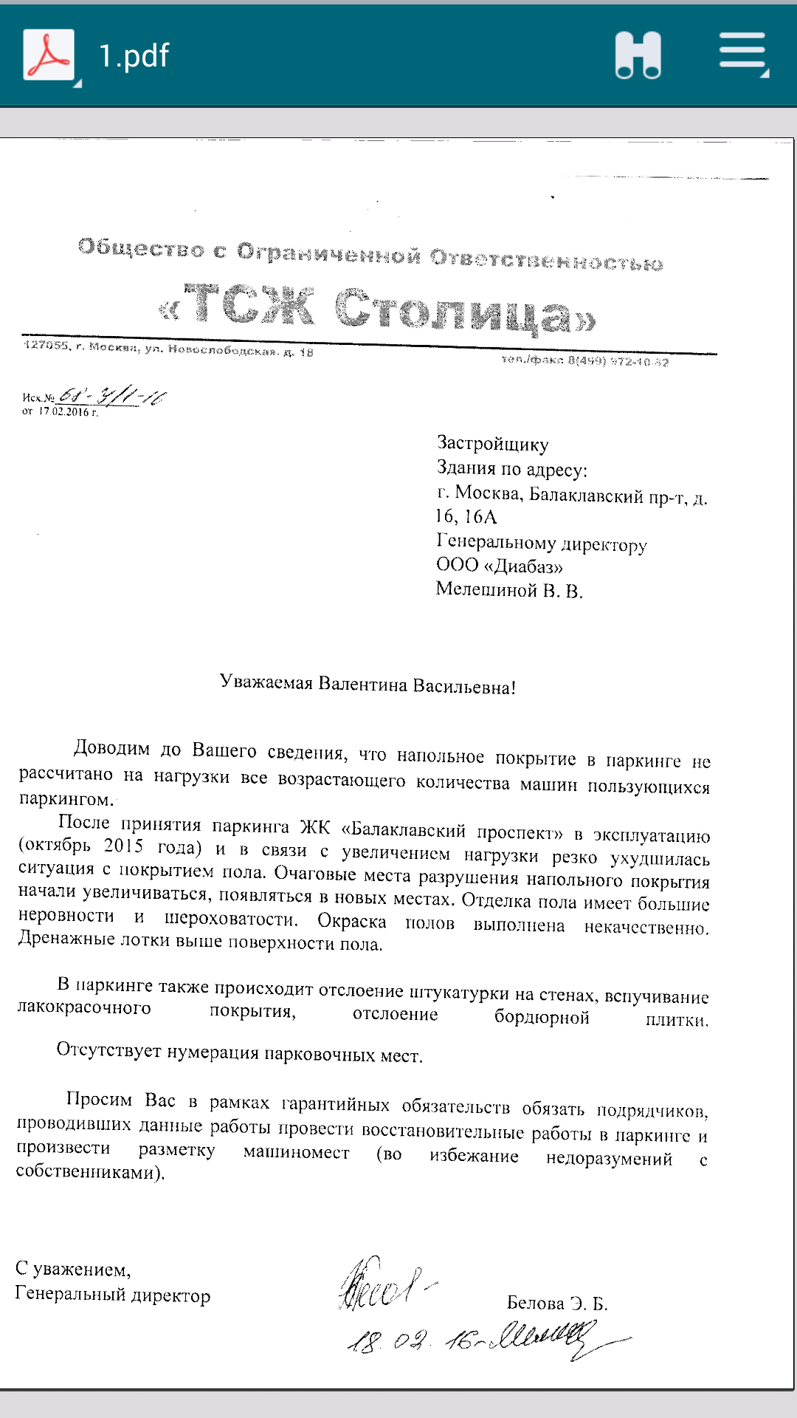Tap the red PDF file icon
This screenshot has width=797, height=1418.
click(x=49, y=55)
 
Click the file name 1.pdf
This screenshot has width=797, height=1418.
click(x=134, y=56)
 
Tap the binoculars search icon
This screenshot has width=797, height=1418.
click(x=638, y=55)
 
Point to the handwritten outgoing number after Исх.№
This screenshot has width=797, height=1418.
click(x=112, y=397)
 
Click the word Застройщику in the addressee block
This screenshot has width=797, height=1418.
click(x=492, y=444)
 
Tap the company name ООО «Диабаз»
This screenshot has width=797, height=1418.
click(x=500, y=566)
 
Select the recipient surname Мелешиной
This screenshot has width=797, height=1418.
click(x=486, y=589)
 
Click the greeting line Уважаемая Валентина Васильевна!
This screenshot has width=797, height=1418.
click(x=368, y=685)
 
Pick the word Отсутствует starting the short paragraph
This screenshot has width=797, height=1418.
click(x=108, y=1050)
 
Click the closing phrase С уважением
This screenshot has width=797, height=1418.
click(x=72, y=1270)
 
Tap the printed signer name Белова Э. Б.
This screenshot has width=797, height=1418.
click(x=557, y=1303)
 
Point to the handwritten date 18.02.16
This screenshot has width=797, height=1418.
click(x=413, y=1340)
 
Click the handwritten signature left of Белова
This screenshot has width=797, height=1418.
click(x=384, y=1285)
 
